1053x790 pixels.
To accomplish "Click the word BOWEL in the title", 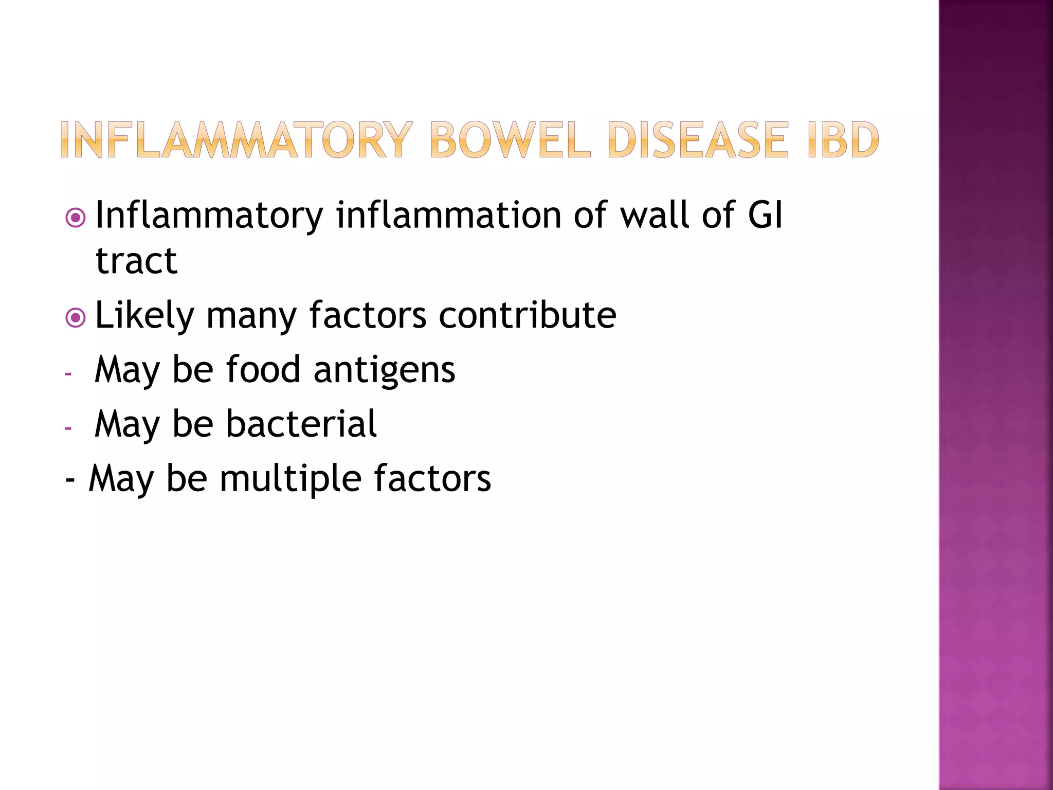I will pyautogui.click(x=510, y=140).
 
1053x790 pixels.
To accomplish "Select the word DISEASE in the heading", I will pyautogui.click(x=697, y=140).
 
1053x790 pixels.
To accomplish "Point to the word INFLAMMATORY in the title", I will pyautogui.click(x=237, y=140).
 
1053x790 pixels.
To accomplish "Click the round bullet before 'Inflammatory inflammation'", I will pyautogui.click(x=76, y=218).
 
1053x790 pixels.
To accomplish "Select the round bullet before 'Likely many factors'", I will pyautogui.click(x=76, y=318).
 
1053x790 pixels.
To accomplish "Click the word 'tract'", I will pyautogui.click(x=136, y=261).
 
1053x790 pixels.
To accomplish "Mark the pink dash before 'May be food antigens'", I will pyautogui.click(x=68, y=374).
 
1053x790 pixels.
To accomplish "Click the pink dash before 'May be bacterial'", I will pyautogui.click(x=68, y=428).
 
